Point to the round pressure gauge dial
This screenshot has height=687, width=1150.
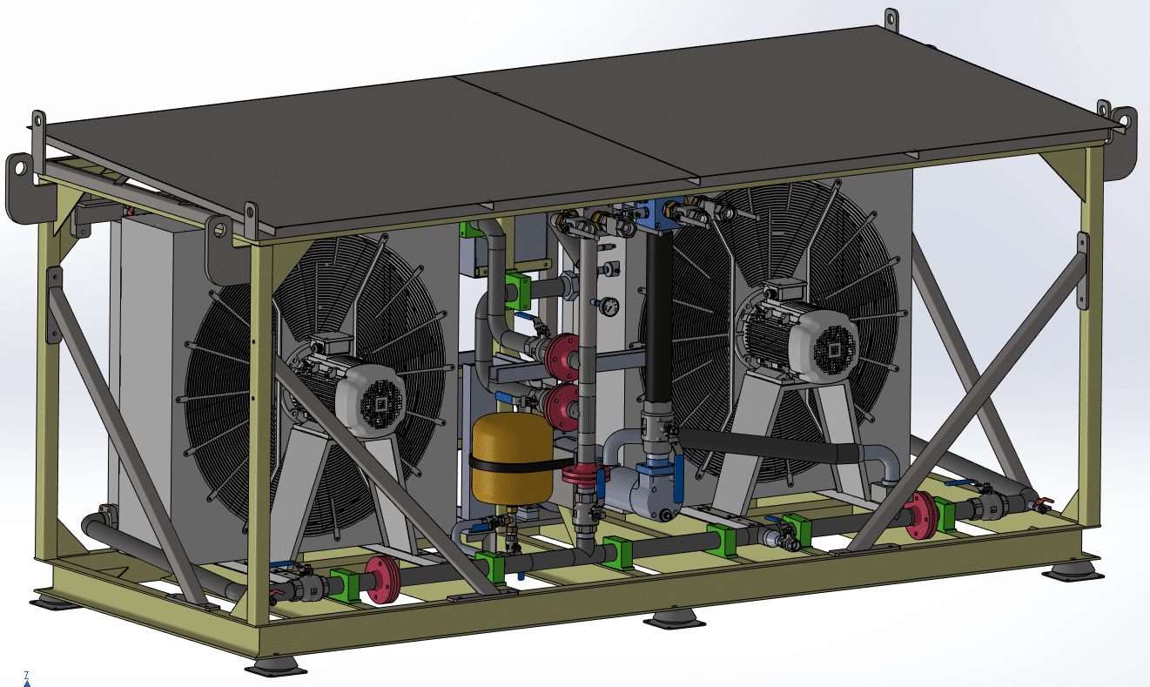(x=609, y=306)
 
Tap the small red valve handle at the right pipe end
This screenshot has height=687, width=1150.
(x=1043, y=502)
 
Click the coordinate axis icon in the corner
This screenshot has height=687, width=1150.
(x=27, y=678)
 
